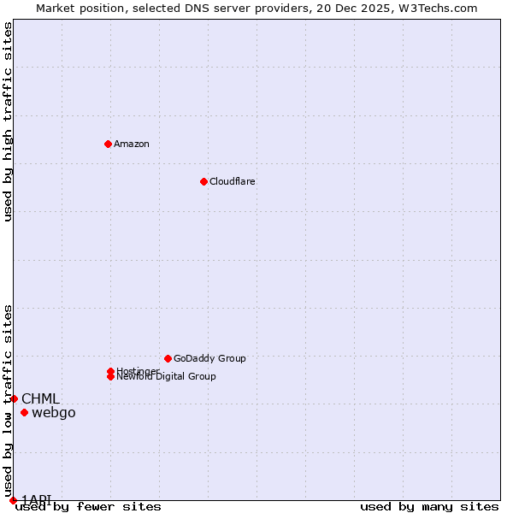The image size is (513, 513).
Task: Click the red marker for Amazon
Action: (108, 144)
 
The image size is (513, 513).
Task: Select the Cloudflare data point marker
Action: (203, 181)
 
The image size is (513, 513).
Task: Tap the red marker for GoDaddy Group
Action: (168, 358)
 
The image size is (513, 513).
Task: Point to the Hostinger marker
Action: (110, 371)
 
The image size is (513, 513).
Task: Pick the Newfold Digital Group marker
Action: (110, 376)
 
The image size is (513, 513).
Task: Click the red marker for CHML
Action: (14, 398)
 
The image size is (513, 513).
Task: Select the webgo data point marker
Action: (24, 413)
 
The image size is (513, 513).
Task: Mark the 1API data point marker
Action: (13, 500)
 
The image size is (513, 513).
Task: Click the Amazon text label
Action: (132, 144)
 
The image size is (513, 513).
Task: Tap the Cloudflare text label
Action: (232, 181)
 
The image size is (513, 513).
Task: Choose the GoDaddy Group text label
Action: (209, 358)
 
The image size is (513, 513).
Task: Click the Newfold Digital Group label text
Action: (167, 377)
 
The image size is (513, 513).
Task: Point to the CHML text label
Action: (40, 398)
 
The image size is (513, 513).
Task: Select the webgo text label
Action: (54, 413)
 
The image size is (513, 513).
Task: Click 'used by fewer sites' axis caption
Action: (88, 507)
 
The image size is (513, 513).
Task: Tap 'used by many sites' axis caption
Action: (429, 507)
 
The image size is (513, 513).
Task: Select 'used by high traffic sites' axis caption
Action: (9, 121)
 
